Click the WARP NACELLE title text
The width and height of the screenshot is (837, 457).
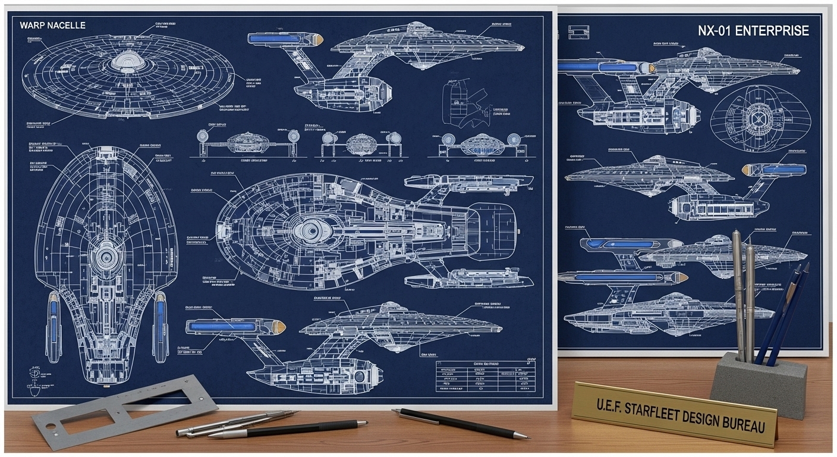52,25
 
